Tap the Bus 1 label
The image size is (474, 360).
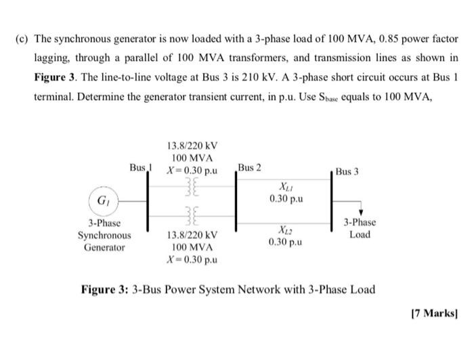[x=142, y=166]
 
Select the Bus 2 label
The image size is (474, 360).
[x=250, y=167]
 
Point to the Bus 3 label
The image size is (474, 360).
[x=347, y=172]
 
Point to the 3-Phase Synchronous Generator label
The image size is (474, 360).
[x=104, y=235]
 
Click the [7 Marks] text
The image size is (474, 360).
[x=433, y=315]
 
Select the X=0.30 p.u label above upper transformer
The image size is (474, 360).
[x=192, y=171]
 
